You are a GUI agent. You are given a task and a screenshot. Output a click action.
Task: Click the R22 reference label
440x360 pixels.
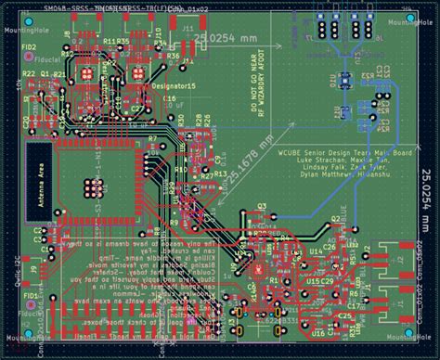click(x=28, y=73)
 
